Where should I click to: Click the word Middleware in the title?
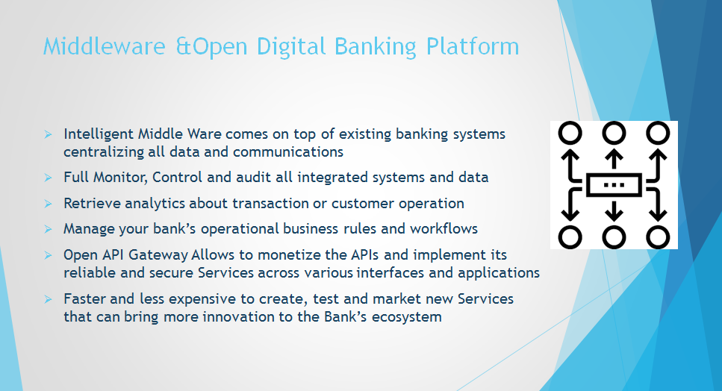(104, 46)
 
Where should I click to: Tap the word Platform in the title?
(473, 46)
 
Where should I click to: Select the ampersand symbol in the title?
(183, 46)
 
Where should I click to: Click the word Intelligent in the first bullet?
(99, 134)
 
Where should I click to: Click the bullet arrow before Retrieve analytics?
(48, 203)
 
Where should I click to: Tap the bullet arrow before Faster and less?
(48, 299)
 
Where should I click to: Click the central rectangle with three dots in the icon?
(614, 185)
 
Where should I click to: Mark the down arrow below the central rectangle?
(614, 209)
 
